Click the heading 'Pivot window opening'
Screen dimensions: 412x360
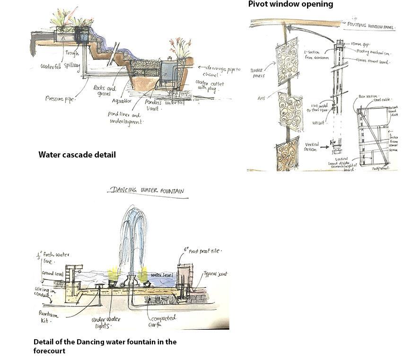pos(290,4)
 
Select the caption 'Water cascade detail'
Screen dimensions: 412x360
pos(77,155)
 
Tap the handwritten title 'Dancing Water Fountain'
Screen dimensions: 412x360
pos(147,191)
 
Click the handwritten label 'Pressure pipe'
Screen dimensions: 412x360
pos(60,99)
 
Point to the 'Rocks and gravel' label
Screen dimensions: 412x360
pos(105,91)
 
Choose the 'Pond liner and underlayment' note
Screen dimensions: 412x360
pos(125,118)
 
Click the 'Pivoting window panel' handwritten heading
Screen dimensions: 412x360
pos(371,25)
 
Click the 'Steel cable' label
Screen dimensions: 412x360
pos(383,100)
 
